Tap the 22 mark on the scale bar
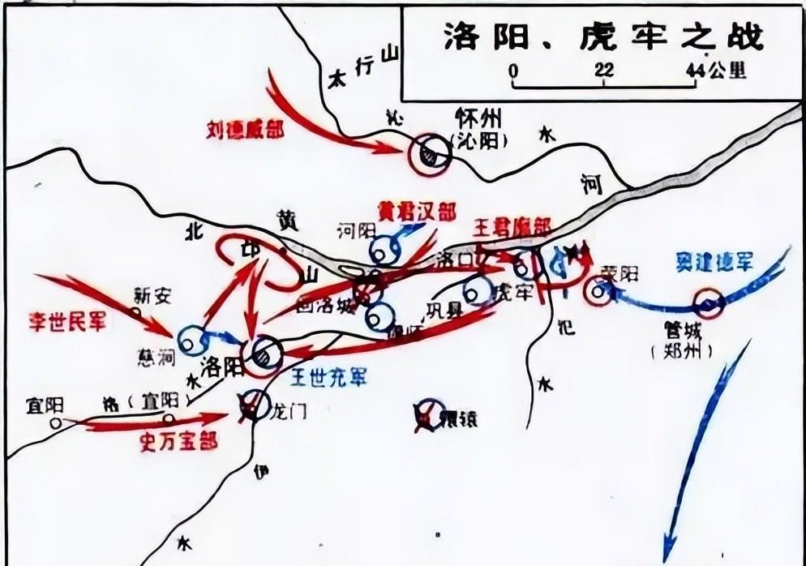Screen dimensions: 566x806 (x=603, y=72)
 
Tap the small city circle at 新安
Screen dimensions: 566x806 (x=135, y=309)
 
